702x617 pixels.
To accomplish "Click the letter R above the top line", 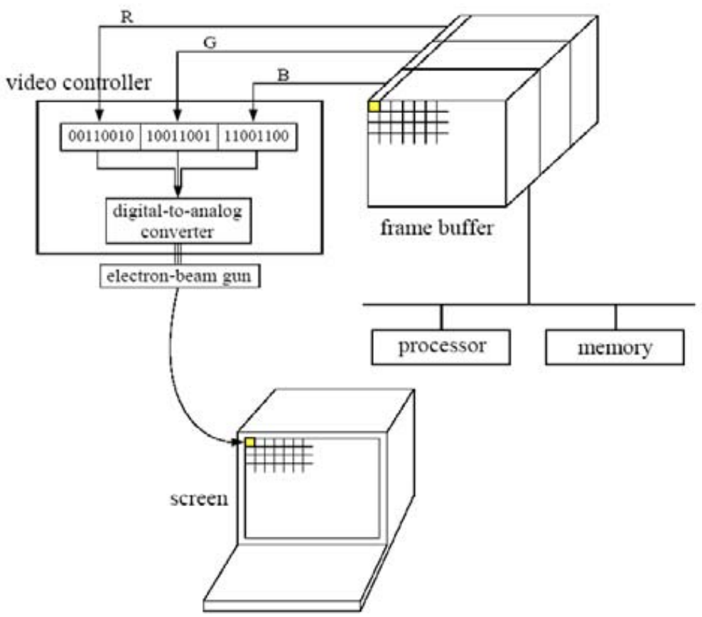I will point(127,18).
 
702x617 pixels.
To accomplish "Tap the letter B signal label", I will point(283,76).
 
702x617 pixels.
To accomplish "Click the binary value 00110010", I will point(100,136).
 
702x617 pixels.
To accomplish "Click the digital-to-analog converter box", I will point(178,221).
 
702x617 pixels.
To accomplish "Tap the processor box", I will point(442,347).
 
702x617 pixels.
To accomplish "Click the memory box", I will point(615,348).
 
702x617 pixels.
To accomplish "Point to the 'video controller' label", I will point(79,83).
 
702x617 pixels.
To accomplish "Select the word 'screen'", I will point(200,498).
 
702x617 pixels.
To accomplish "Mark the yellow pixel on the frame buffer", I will point(374,107).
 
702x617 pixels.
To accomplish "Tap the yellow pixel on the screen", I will point(250,442).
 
